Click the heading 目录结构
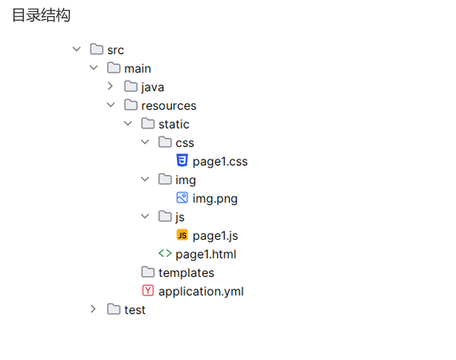point(41,15)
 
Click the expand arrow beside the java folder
point(111,86)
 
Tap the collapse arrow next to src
point(76,49)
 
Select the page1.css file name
point(220,161)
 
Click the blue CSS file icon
point(182,160)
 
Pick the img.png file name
point(215,199)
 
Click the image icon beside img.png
point(182,198)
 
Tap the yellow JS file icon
point(182,235)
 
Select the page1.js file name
point(215,235)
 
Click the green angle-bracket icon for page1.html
point(165,254)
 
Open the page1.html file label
point(206,254)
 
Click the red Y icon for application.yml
point(148,290)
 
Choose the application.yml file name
point(201,291)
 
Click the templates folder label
point(186,272)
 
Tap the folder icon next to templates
point(148,272)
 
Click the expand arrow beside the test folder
point(93,309)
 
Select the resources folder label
point(168,105)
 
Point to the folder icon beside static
point(148,124)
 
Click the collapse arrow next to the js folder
point(145,216)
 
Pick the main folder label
point(137,69)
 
